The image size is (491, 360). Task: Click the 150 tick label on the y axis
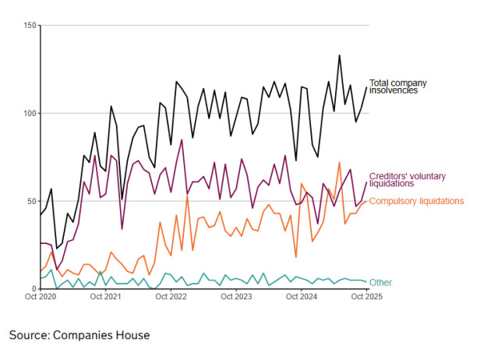coord(30,26)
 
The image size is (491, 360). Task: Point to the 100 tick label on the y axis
coord(30,114)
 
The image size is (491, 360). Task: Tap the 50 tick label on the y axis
coord(32,201)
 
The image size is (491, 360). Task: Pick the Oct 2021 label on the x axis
coord(106,297)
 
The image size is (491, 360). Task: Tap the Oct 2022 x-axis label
coord(171,297)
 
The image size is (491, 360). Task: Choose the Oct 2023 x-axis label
coord(237,297)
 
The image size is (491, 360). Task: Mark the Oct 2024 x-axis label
coord(302,297)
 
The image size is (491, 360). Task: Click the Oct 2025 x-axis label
coord(366,297)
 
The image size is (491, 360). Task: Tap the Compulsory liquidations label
coord(417,201)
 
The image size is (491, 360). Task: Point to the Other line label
coord(380,282)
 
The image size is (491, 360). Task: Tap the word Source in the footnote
coord(29,335)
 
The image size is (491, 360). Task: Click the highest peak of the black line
coord(339,55)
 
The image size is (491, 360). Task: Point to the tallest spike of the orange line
coord(339,162)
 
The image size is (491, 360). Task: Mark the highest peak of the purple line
coord(182,140)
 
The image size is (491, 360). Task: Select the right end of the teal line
coord(366,282)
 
